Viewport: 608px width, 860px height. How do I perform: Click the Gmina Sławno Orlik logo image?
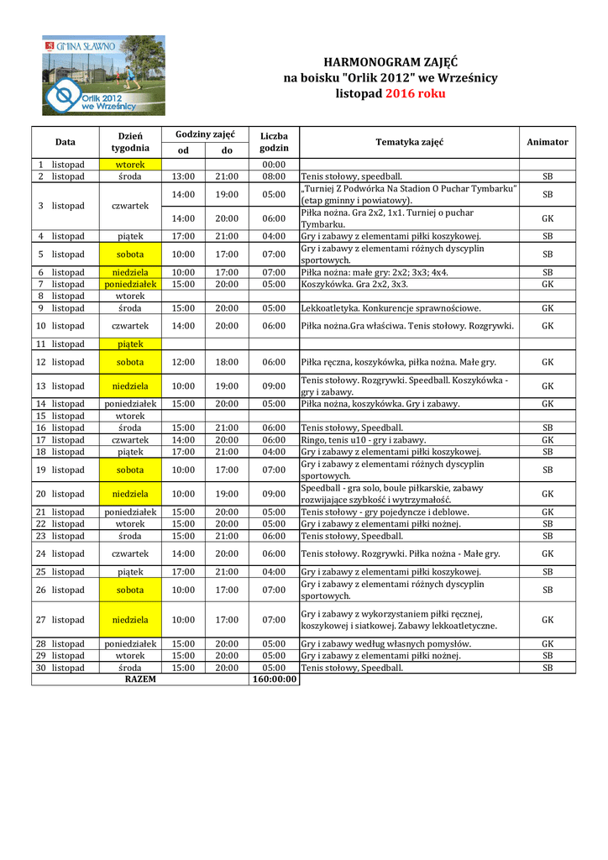pyautogui.click(x=104, y=76)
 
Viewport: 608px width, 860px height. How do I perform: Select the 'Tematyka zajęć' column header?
pyautogui.click(x=409, y=142)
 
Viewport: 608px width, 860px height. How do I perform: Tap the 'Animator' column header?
pyautogui.click(x=547, y=142)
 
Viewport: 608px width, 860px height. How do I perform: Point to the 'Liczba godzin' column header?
pyautogui.click(x=274, y=142)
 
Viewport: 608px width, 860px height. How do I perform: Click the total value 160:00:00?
pyautogui.click(x=274, y=679)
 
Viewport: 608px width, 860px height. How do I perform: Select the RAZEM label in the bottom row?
pyautogui.click(x=140, y=679)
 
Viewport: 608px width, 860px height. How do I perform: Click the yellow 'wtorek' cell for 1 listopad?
pyautogui.click(x=130, y=165)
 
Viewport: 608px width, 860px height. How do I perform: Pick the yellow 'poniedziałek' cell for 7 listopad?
pyautogui.click(x=130, y=284)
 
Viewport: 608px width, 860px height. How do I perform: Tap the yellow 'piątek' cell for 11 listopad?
pyautogui.click(x=130, y=343)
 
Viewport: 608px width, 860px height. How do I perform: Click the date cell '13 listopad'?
pyautogui.click(x=60, y=386)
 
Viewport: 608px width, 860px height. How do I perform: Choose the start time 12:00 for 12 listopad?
pyautogui.click(x=183, y=362)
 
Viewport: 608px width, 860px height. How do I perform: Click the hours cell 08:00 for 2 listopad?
pyautogui.click(x=274, y=176)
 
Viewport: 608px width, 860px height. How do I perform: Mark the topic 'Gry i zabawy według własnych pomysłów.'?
pyautogui.click(x=385, y=644)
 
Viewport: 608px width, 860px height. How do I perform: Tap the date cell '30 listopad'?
pyautogui.click(x=60, y=668)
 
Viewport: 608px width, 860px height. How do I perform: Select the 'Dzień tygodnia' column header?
pyautogui.click(x=130, y=142)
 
